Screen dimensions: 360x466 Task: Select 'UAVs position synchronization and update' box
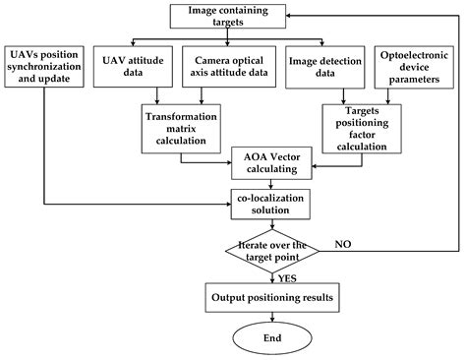(x=45, y=64)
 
